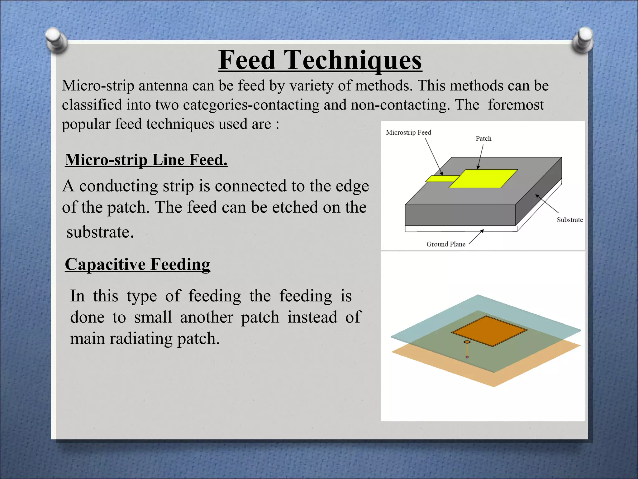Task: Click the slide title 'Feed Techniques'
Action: [x=320, y=60]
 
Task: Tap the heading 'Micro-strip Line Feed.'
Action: [x=146, y=160]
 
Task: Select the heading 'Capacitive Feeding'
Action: [x=137, y=264]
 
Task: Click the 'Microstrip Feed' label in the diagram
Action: [x=408, y=132]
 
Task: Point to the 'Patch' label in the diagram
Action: [x=483, y=138]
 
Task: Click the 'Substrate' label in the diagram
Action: [x=569, y=220]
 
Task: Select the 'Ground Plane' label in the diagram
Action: [x=445, y=244]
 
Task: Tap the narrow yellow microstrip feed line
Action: [x=441, y=179]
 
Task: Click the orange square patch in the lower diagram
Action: [x=489, y=331]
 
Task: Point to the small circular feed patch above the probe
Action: [x=467, y=342]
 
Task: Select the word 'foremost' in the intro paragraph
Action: [x=516, y=105]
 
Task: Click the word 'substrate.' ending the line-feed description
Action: [x=100, y=232]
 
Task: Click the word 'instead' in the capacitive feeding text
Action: [x=312, y=317]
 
